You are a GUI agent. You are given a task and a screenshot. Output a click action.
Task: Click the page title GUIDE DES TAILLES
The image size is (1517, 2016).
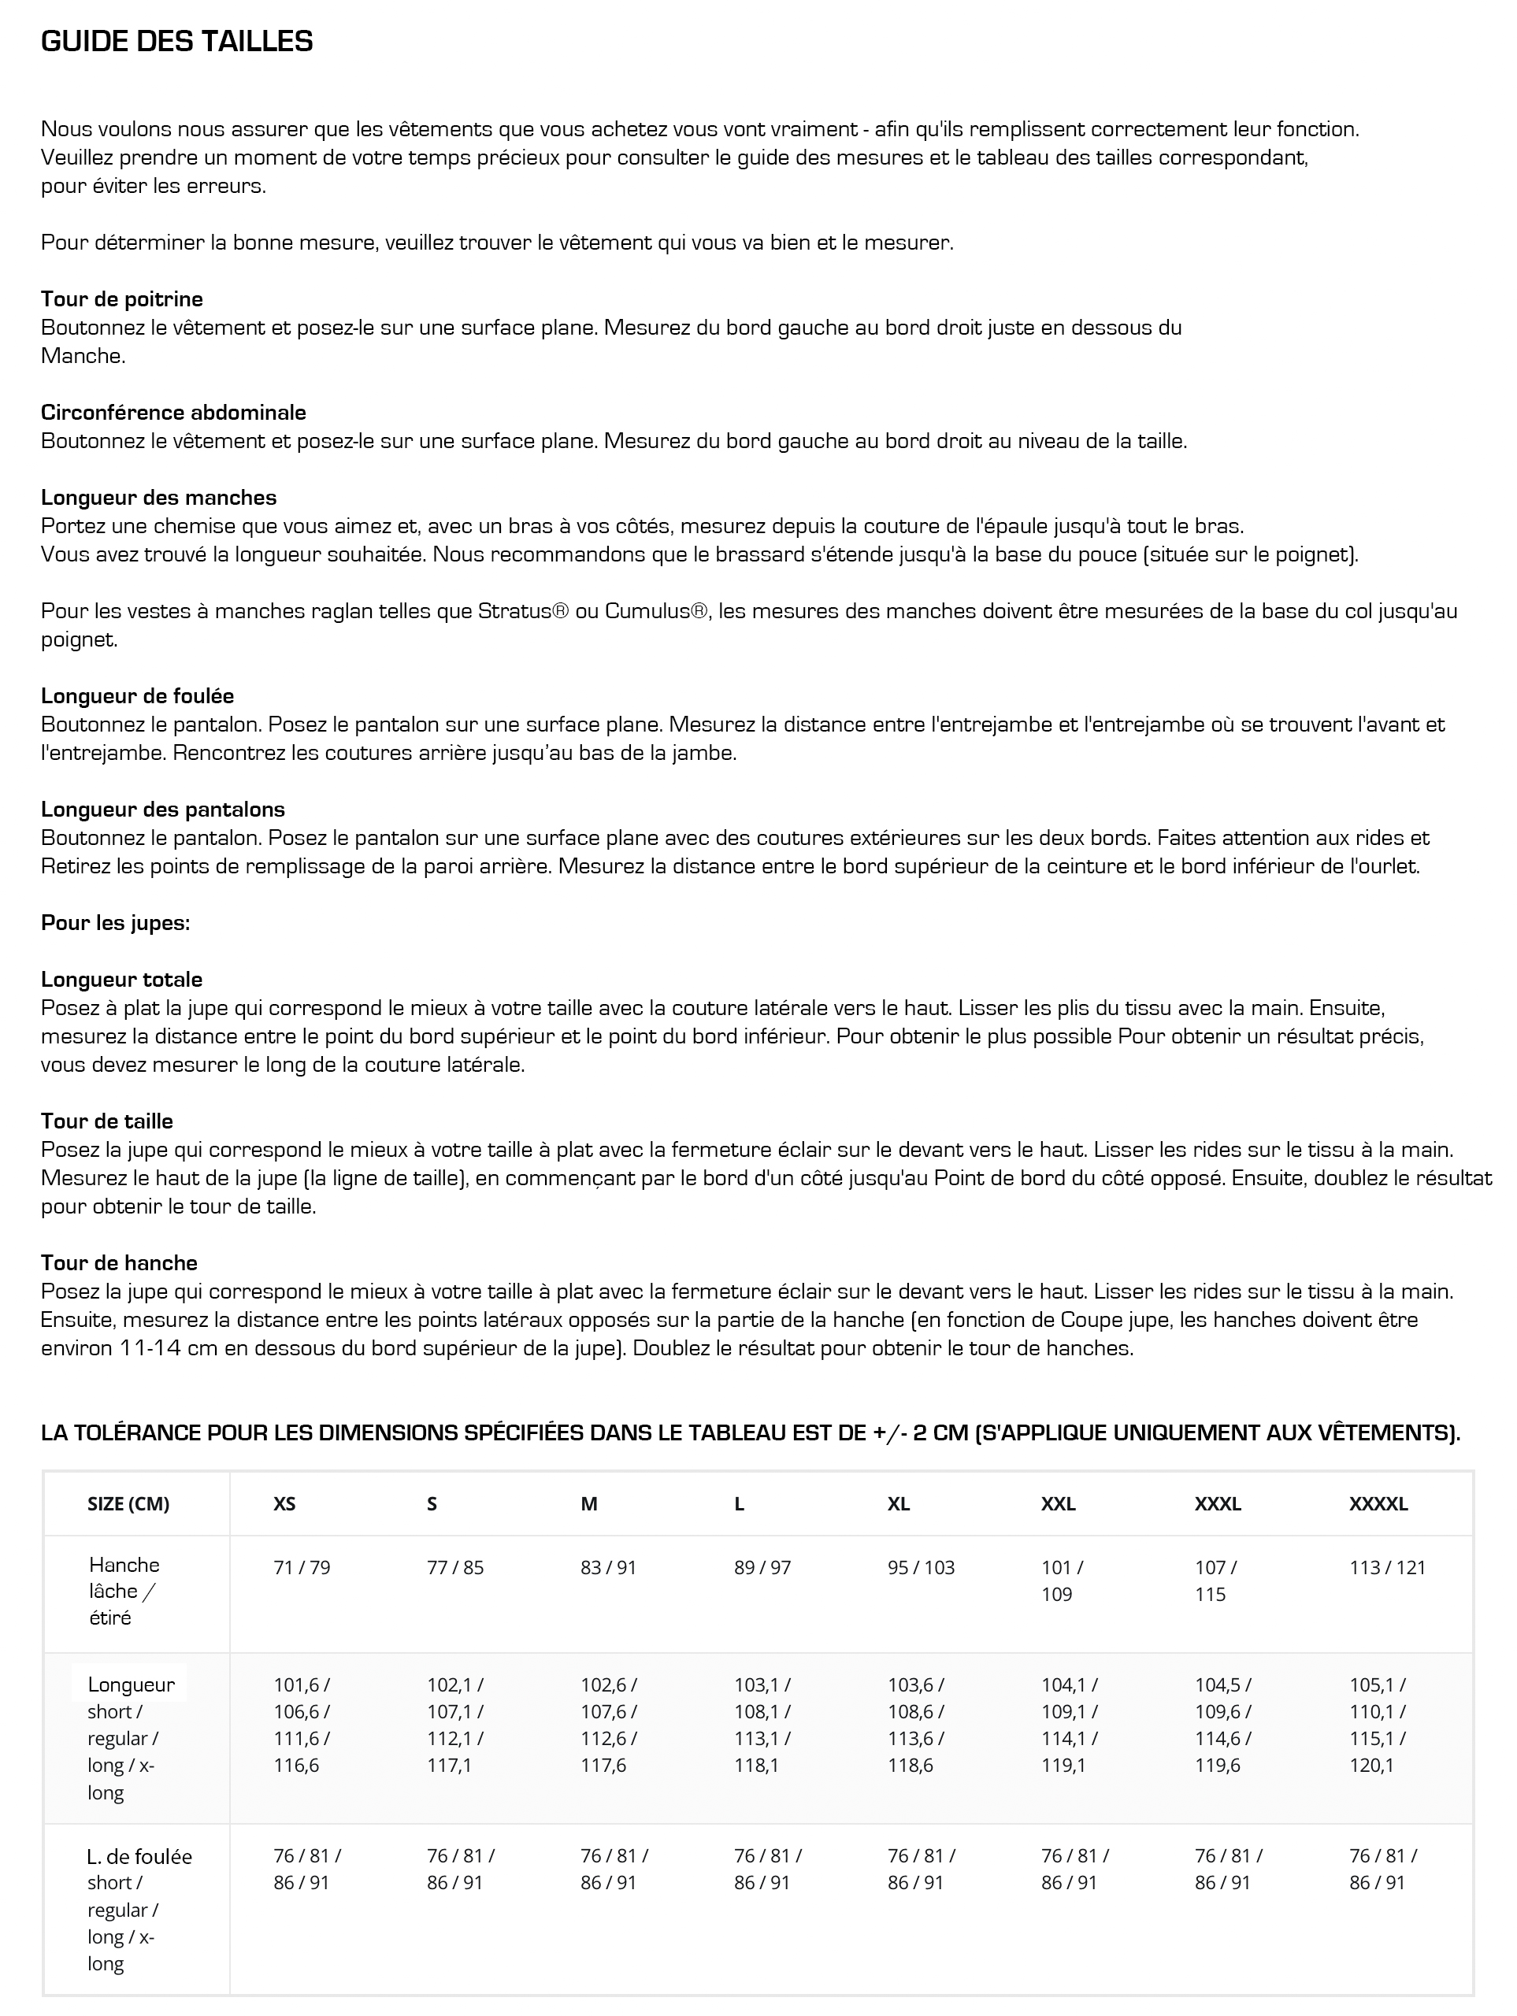point(177,42)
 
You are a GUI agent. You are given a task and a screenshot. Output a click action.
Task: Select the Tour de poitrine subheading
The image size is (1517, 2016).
point(121,299)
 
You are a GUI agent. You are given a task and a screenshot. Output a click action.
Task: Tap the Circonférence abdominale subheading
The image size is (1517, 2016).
point(173,412)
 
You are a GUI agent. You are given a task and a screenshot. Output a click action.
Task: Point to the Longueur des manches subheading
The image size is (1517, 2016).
point(158,498)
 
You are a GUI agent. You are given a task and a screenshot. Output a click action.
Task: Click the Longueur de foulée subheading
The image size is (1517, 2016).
point(137,696)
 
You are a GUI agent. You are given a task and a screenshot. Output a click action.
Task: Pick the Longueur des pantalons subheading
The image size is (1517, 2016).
point(162,810)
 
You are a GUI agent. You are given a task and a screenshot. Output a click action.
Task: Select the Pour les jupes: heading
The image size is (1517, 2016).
point(115,922)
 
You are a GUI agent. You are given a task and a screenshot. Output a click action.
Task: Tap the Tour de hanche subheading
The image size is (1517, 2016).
point(118,1262)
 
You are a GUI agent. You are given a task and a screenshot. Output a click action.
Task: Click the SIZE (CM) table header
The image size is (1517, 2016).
point(128,1504)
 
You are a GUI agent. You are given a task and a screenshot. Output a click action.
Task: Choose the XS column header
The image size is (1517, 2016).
point(284,1504)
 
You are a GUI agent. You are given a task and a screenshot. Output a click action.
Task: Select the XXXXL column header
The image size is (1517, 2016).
point(1378,1504)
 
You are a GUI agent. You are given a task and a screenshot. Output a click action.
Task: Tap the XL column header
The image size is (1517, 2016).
point(898,1504)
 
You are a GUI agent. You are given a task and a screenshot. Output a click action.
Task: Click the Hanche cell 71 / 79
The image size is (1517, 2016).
point(302,1568)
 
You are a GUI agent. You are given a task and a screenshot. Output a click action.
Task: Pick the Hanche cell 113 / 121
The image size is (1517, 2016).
point(1386,1568)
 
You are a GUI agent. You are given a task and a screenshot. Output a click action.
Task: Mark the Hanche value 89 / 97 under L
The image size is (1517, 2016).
point(762,1568)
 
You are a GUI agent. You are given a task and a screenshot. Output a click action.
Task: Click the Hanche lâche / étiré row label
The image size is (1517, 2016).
point(124,1591)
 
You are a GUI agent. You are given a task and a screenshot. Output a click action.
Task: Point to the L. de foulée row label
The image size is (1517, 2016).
point(139,1856)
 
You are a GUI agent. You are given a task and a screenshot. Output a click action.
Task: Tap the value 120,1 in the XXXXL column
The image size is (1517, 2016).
point(1371,1766)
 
